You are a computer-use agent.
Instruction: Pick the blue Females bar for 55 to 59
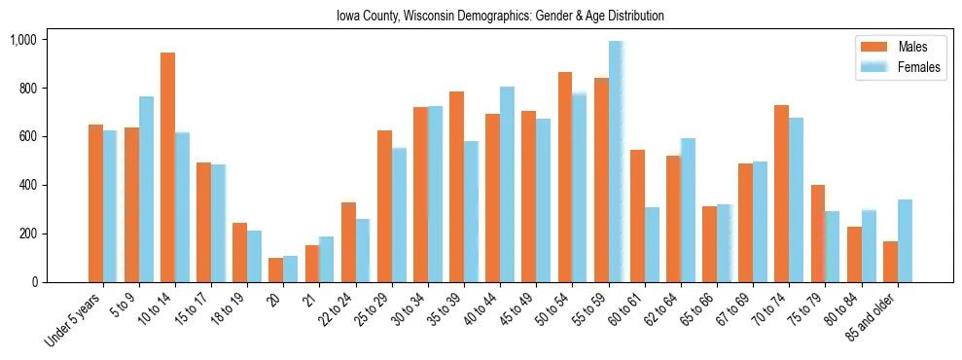[x=616, y=162]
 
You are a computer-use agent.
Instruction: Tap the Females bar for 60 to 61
[x=652, y=244]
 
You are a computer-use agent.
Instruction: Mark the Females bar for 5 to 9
[x=146, y=190]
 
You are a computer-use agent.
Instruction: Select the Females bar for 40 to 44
[x=507, y=185]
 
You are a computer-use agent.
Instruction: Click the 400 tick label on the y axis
[x=26, y=185]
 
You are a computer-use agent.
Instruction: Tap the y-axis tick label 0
[x=33, y=282]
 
